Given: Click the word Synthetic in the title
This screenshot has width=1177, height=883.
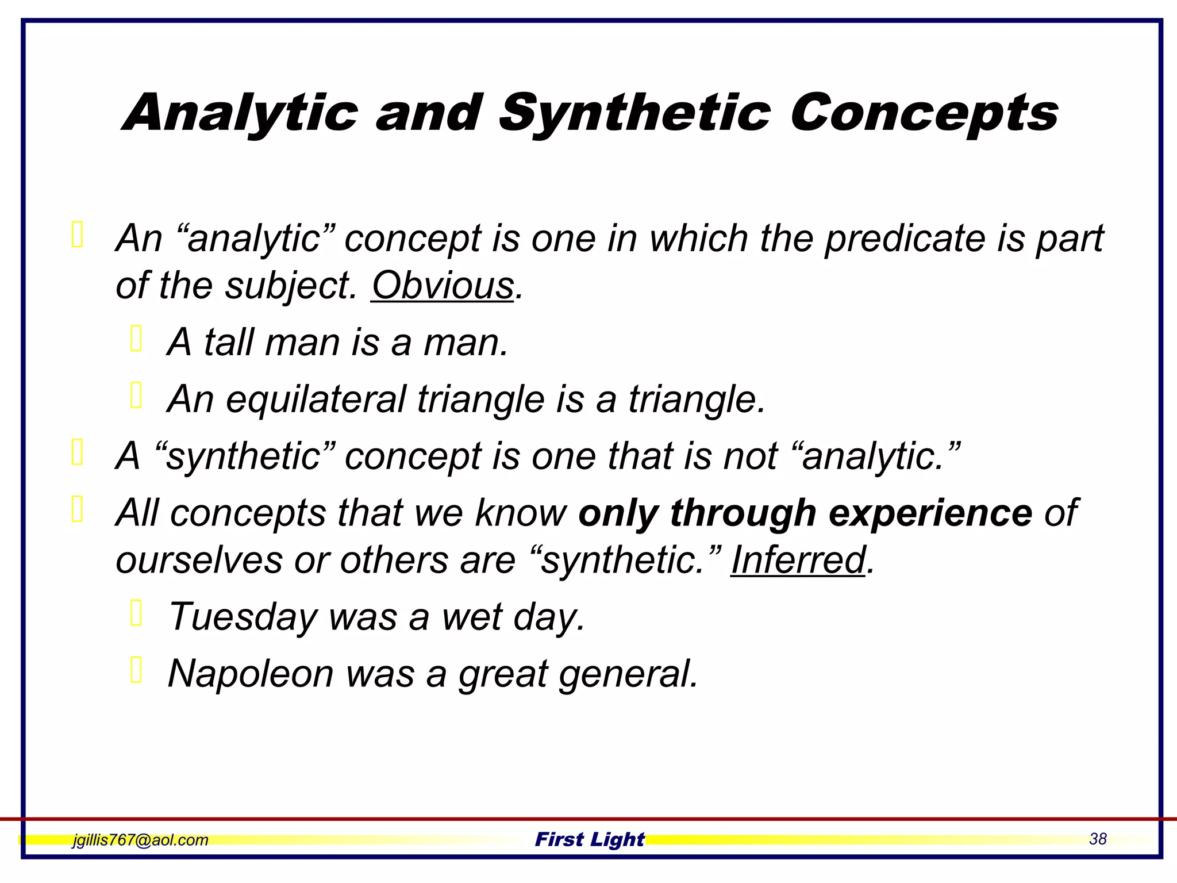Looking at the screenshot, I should (634, 113).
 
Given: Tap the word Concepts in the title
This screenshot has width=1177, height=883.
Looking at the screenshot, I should (924, 113).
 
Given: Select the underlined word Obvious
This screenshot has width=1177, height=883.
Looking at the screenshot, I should (443, 285).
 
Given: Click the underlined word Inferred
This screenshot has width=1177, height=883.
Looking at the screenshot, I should (798, 560).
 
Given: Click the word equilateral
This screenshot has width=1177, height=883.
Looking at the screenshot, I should (316, 399).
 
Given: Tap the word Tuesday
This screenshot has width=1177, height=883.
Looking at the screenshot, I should (243, 617).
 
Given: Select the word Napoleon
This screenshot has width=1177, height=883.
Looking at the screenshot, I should (251, 673).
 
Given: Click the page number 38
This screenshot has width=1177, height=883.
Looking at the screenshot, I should (1097, 839).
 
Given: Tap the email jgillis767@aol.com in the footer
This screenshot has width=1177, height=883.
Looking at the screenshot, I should (140, 840).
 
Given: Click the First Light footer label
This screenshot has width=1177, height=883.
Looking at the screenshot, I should (590, 839).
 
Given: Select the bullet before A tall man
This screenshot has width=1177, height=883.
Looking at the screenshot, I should (136, 339).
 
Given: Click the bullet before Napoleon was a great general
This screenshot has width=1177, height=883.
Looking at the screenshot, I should (136, 670).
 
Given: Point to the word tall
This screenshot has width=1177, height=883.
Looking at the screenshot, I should (229, 342).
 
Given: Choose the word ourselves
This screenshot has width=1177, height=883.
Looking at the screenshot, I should (199, 560).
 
